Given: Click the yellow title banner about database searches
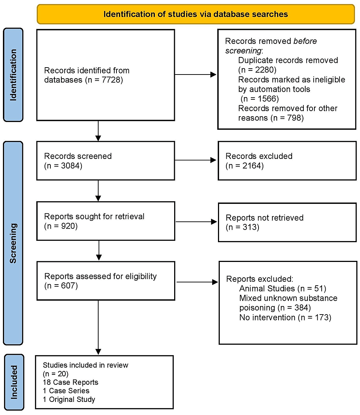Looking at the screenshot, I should click(x=196, y=14).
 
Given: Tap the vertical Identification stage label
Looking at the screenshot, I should click(x=13, y=75).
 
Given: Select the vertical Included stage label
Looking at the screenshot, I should click(x=13, y=382).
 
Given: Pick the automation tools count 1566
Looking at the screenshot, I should click(x=261, y=99).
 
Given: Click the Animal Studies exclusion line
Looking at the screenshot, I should click(x=282, y=289).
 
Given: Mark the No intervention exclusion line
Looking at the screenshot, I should click(x=285, y=317).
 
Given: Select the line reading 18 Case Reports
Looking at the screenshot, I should click(x=70, y=382).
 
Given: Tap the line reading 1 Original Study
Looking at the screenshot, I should click(x=69, y=399).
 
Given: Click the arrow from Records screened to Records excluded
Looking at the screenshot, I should click(x=196, y=160).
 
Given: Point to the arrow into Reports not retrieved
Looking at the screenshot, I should click(x=196, y=221).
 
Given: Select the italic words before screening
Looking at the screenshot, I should click(x=271, y=46).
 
